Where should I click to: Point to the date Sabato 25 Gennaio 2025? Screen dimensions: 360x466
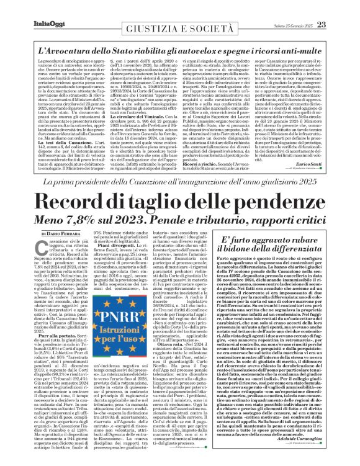pyautogui.click(x=305, y=8)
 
